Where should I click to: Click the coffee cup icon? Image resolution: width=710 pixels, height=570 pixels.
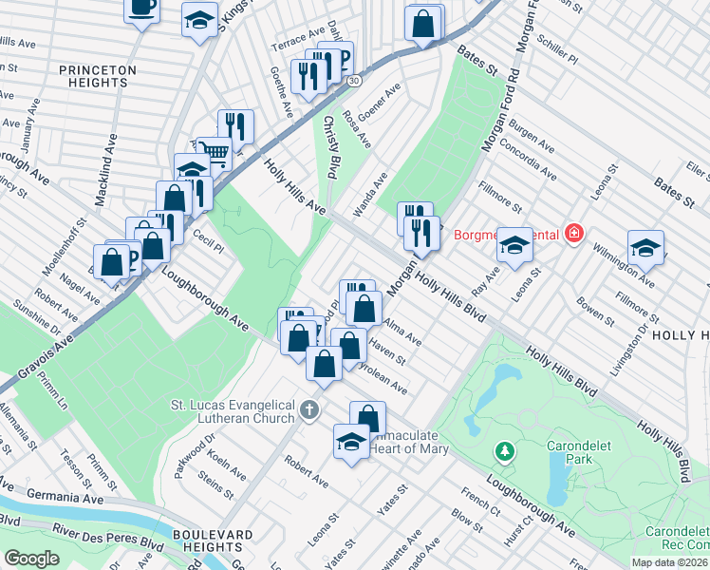141,9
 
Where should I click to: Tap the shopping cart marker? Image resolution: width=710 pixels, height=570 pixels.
216,152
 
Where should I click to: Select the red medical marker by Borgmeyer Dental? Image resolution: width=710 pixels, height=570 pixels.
572,233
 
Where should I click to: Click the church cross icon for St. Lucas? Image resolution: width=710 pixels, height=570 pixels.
308,410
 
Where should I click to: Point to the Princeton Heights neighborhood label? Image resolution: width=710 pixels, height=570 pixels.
98,76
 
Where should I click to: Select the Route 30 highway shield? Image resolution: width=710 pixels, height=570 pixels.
353,83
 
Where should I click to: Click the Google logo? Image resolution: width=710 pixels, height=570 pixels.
31,559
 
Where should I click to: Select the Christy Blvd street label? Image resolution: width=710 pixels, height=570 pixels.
330,147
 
